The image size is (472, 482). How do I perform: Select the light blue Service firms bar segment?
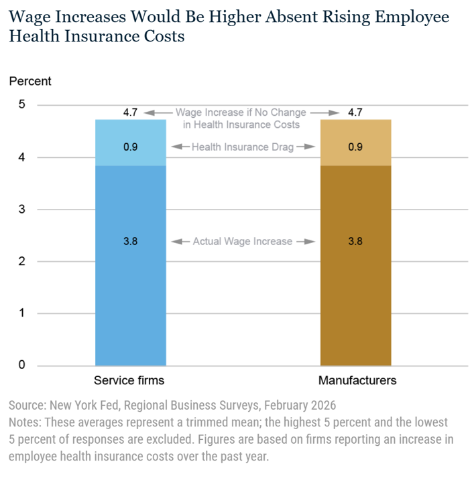click(130, 134)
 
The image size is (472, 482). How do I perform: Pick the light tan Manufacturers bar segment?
click(355, 134)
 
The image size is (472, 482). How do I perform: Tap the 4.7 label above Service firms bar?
click(130, 113)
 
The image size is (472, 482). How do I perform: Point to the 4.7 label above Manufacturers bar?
click(355, 113)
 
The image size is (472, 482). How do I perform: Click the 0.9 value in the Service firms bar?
click(130, 147)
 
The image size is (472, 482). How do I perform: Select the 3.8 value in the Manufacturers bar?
click(355, 241)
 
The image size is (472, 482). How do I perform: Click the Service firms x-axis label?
click(129, 380)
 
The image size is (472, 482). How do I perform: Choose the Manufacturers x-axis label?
click(357, 380)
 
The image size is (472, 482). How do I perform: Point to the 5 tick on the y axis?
click(21, 105)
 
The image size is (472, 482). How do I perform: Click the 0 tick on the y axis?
click(21, 365)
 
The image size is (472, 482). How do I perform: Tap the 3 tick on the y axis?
click(21, 210)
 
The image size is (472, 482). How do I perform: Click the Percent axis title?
click(30, 82)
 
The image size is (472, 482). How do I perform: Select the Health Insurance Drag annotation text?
click(243, 147)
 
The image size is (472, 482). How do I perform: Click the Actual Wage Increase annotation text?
click(243, 241)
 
